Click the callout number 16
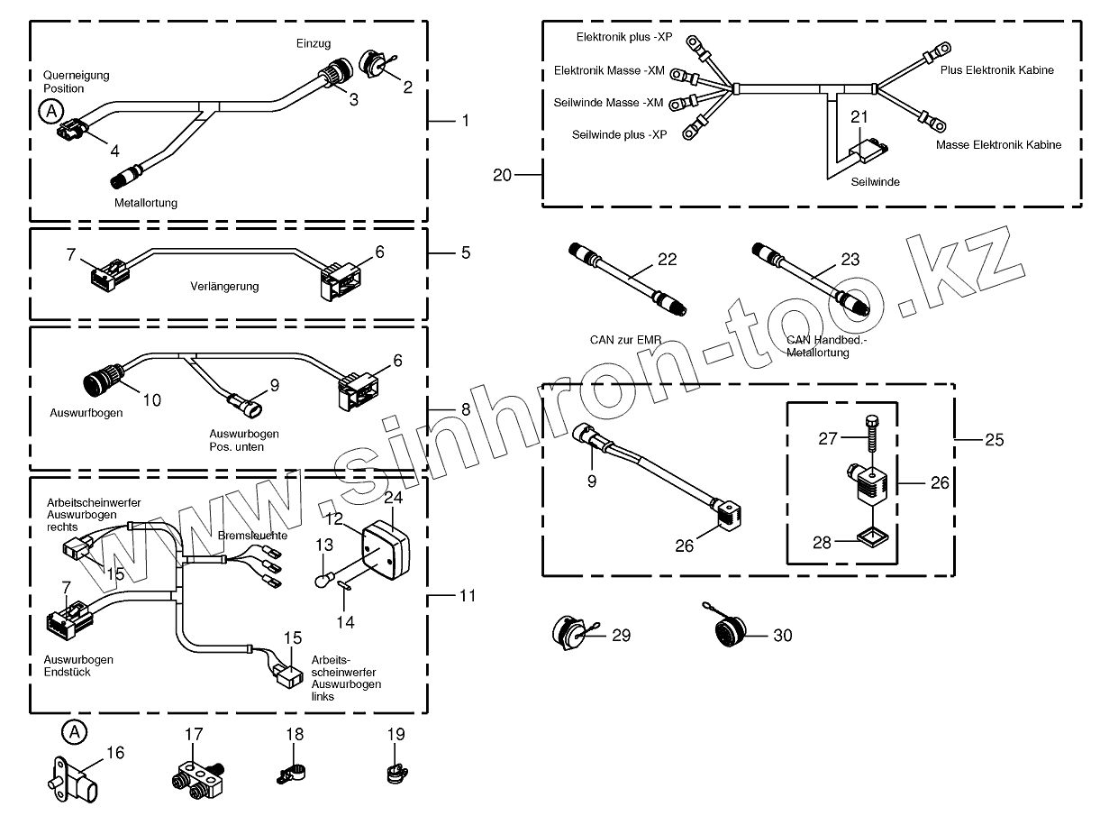click(115, 753)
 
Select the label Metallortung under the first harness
click(146, 203)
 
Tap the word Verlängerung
click(224, 287)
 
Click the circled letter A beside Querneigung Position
click(51, 111)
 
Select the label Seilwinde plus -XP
click(619, 134)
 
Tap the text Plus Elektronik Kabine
click(996, 69)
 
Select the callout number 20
click(502, 175)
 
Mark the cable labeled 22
click(627, 282)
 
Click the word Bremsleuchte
click(252, 535)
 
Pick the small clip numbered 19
click(394, 774)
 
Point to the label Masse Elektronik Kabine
click(998, 144)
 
